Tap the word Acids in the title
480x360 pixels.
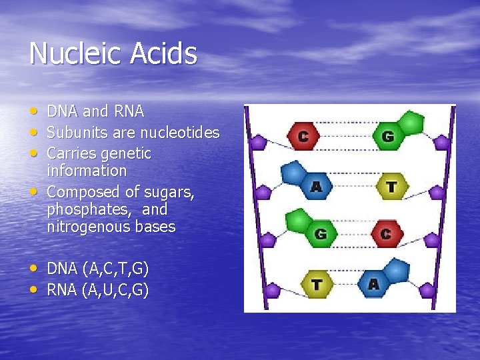click(x=164, y=53)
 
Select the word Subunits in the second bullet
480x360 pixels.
click(x=73, y=133)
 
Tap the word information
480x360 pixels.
click(x=87, y=171)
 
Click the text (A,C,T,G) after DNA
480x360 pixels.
click(x=116, y=269)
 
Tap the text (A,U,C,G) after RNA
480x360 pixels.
click(x=116, y=290)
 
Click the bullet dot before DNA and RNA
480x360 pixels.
click(x=34, y=109)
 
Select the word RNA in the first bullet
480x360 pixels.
click(x=129, y=111)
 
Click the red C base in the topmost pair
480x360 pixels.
click(x=303, y=137)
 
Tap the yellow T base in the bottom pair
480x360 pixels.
click(x=317, y=285)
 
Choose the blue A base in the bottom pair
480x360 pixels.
click(x=373, y=285)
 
